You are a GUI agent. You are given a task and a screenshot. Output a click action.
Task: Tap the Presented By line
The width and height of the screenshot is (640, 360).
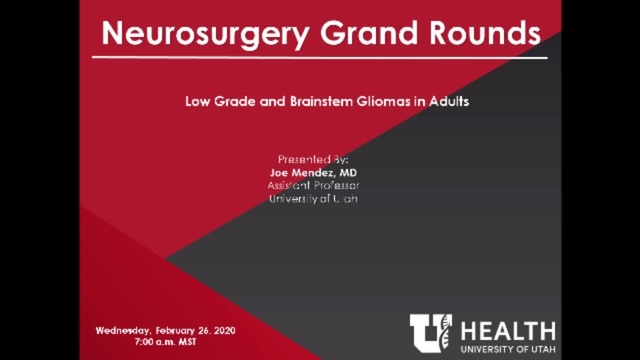(312, 160)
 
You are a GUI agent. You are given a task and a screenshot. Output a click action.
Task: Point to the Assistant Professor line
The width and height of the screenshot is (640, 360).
(313, 186)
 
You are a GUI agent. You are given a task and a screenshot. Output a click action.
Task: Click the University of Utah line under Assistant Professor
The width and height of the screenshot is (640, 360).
(313, 199)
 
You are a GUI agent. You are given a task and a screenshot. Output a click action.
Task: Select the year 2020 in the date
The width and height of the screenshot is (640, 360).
(221, 330)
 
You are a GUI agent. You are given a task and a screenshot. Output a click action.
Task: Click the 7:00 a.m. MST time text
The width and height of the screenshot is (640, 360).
(169, 342)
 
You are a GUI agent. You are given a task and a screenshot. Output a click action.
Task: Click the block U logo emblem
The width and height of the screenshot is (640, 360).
(431, 331)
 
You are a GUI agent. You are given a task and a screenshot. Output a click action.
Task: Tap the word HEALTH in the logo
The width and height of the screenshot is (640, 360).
(508, 327)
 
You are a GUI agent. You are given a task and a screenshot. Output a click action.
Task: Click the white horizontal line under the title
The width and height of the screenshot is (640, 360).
(320, 58)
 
